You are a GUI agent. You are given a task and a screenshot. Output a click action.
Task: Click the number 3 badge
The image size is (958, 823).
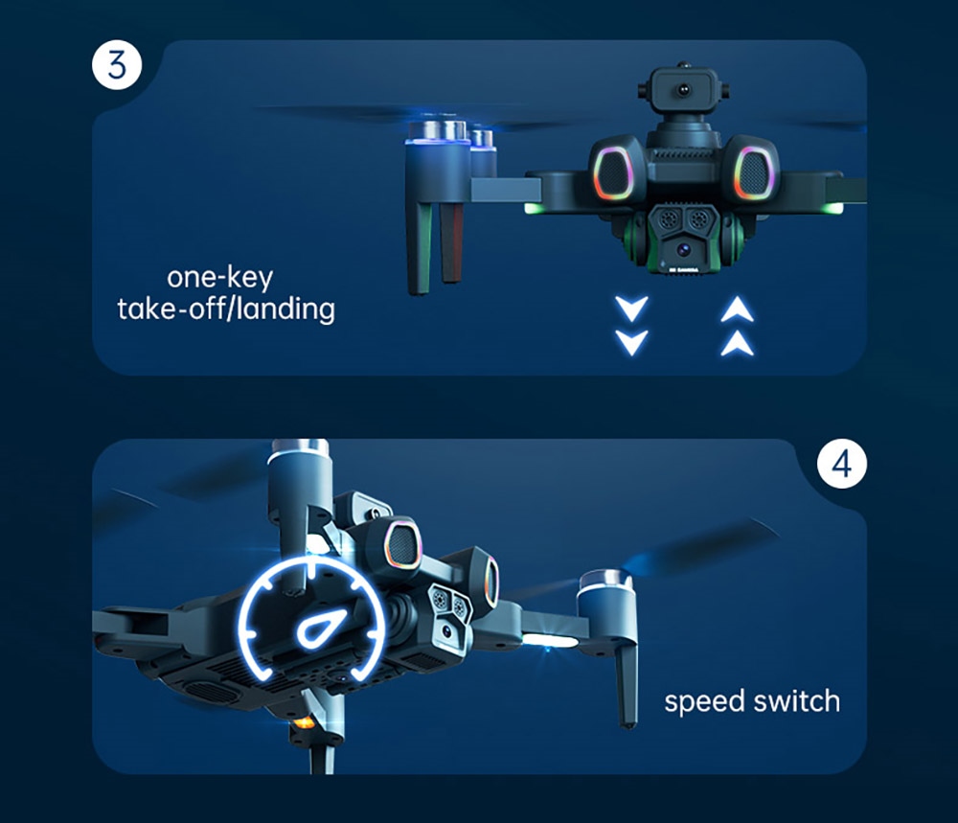(117, 66)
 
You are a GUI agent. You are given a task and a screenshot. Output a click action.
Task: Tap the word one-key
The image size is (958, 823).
(219, 278)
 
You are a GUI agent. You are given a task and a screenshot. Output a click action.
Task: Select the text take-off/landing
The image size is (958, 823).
(226, 309)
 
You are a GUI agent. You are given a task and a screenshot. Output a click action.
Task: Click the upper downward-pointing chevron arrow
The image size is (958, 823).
(632, 309)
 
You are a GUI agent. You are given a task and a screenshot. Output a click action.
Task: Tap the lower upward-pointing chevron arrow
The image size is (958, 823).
(736, 344)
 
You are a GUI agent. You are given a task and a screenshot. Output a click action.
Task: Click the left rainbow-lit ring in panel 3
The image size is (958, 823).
(614, 172)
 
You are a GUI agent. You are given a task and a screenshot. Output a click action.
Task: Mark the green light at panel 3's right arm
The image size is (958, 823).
(836, 208)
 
